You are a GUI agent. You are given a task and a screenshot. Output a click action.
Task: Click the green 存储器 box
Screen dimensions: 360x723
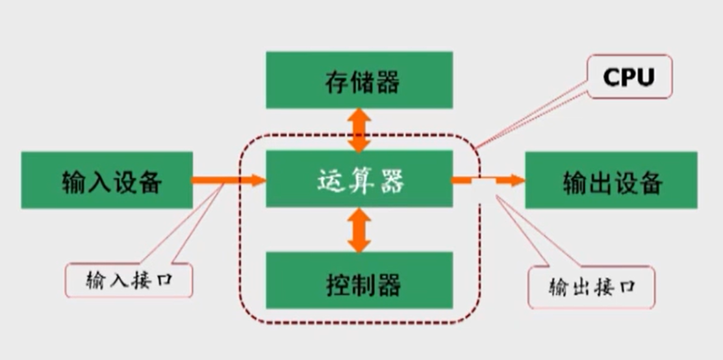[359, 79]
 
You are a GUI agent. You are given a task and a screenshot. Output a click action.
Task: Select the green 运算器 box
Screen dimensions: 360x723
[359, 179]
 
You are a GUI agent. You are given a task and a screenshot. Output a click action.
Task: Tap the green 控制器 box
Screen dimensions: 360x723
[359, 280]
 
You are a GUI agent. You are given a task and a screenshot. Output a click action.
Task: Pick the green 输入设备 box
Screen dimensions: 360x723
[107, 180]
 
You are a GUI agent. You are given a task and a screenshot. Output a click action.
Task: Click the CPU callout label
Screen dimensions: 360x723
[629, 77]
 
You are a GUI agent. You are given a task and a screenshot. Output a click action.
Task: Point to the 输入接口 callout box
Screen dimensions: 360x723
[129, 280]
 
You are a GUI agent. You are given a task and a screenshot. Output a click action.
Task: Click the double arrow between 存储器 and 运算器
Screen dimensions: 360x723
[359, 129]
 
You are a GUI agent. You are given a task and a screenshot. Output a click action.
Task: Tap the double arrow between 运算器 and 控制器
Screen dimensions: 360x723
[359, 229]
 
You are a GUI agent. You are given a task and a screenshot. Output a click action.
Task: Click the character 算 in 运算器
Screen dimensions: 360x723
[361, 180]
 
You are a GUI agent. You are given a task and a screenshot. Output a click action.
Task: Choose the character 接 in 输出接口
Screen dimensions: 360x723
[603, 287]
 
